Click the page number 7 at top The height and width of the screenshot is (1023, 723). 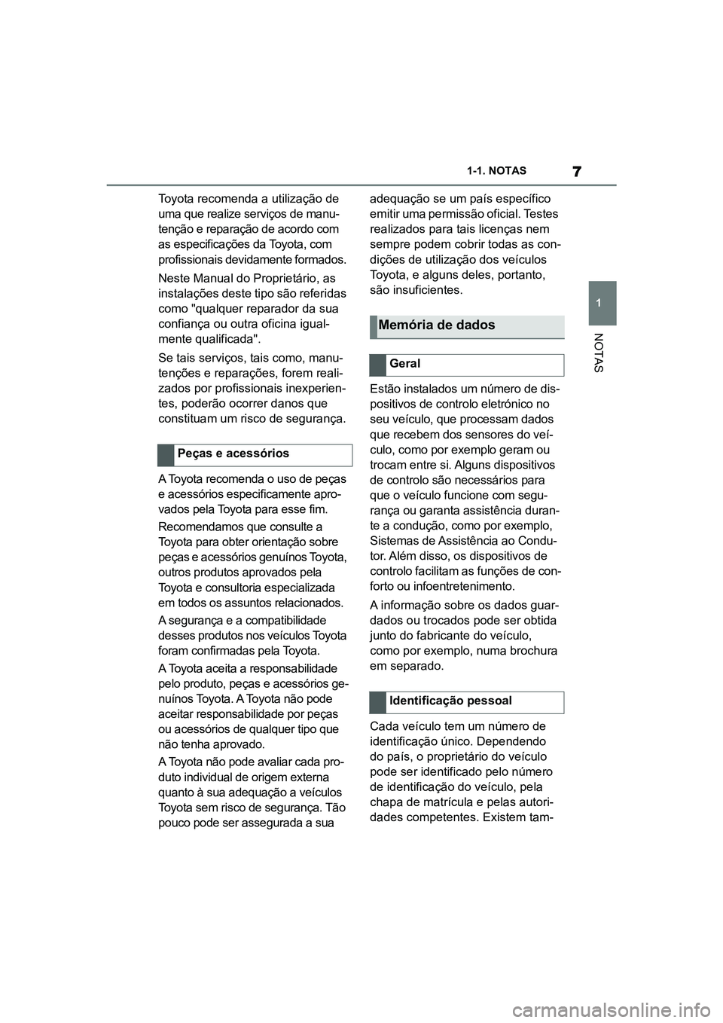(x=577, y=171)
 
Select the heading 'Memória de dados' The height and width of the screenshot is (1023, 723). (x=437, y=325)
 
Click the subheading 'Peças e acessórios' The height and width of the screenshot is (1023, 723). (x=233, y=453)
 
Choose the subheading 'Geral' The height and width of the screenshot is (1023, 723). (x=405, y=364)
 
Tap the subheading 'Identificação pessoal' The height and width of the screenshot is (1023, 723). (x=450, y=701)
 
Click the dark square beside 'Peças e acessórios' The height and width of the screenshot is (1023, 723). (x=166, y=455)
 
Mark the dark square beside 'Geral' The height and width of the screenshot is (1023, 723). (x=377, y=365)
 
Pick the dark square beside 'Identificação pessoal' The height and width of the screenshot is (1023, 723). (x=377, y=702)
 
